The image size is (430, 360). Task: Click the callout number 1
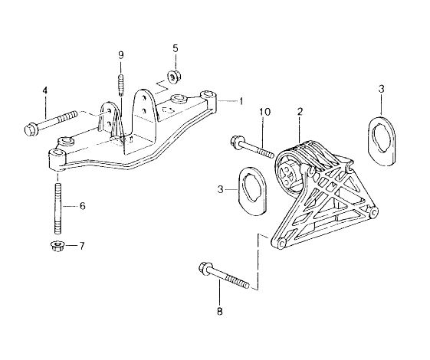[241, 101]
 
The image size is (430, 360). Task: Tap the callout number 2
[300, 112]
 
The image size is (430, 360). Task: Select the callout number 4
[44, 90]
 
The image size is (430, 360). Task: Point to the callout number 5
[176, 48]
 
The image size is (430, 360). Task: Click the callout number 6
[83, 206]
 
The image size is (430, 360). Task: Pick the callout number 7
[82, 246]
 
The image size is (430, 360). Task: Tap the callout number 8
[220, 311]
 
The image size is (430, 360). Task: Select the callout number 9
[121, 55]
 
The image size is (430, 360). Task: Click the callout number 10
[265, 112]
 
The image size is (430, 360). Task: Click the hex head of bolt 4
[30, 130]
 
